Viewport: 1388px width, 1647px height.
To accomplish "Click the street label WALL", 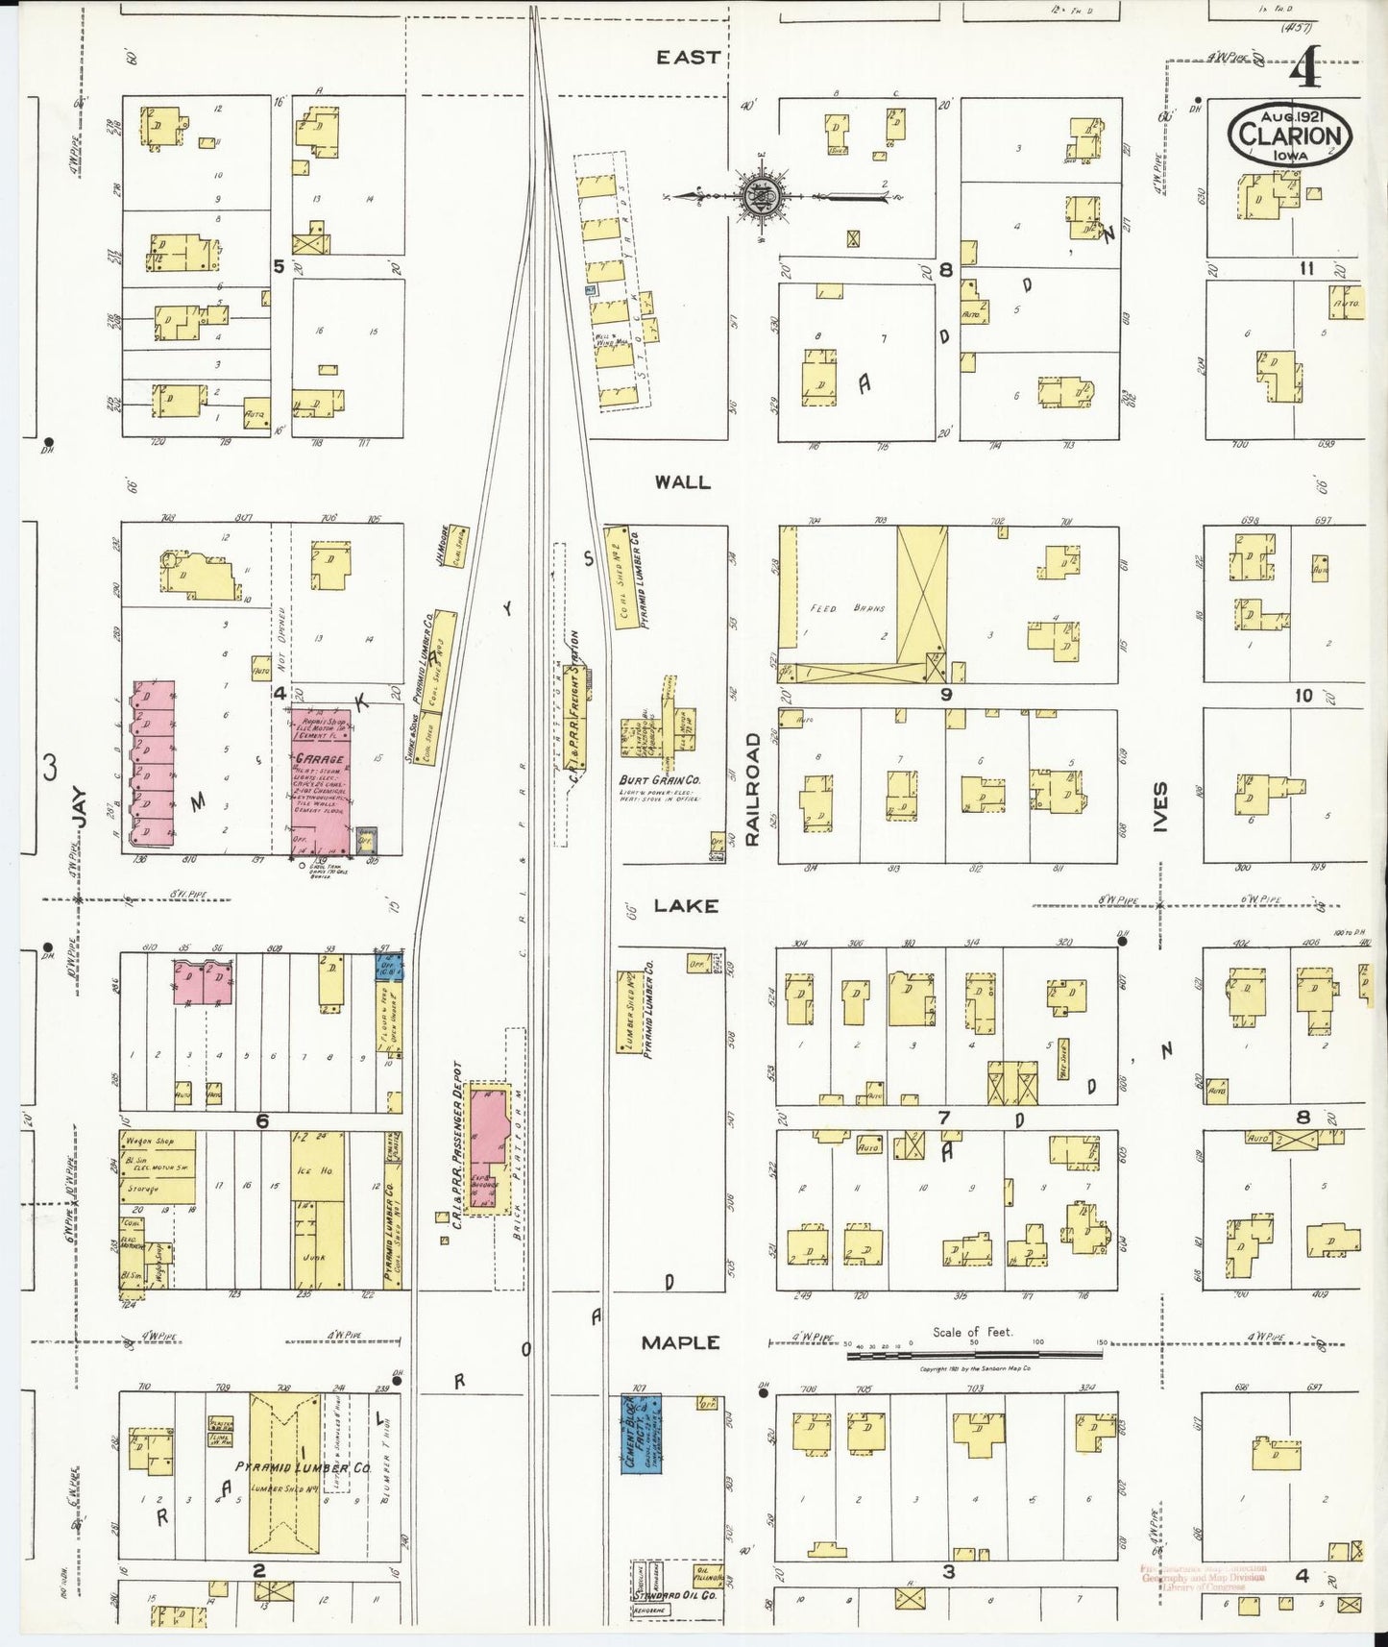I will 682,482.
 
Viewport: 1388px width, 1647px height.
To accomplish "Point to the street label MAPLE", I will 681,1342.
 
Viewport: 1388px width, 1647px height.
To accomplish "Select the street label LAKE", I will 686,906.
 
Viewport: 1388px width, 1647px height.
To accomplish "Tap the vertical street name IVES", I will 1160,806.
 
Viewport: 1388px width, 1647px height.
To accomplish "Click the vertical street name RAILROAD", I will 752,789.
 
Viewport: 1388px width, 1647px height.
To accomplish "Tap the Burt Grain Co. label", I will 658,781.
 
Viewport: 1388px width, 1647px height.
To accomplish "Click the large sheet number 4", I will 1303,69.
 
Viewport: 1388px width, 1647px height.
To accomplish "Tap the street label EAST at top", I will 688,58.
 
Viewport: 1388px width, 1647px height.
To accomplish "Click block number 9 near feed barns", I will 945,694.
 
